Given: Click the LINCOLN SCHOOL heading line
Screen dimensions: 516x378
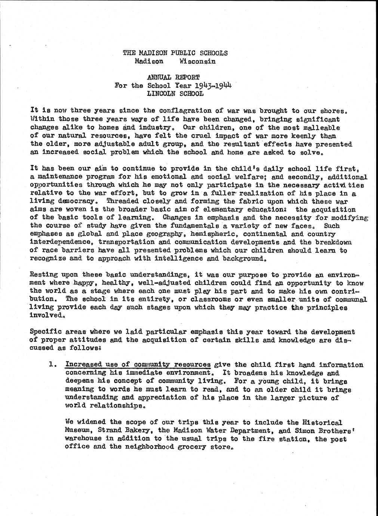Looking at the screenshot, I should [175, 93].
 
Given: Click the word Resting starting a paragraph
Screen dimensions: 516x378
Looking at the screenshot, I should [42, 275].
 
